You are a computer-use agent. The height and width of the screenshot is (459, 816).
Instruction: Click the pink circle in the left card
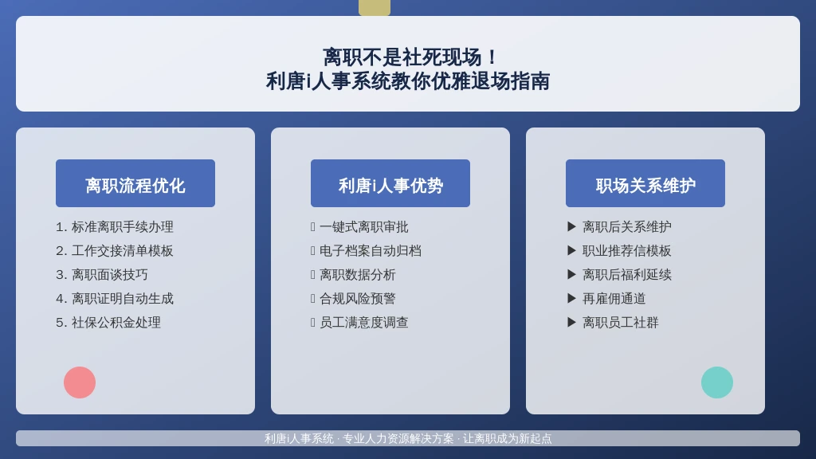click(80, 382)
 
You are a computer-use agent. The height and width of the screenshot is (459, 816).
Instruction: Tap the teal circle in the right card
click(717, 382)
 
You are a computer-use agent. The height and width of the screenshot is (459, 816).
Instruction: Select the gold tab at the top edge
click(375, 8)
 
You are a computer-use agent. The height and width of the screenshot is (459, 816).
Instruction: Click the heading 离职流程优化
click(135, 186)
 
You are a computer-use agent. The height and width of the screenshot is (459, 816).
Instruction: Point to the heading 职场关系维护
click(645, 186)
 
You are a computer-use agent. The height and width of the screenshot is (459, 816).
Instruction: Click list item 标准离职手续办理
click(115, 227)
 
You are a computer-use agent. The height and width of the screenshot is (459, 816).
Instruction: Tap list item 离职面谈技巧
click(102, 275)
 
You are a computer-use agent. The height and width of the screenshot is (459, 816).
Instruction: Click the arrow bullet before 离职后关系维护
click(571, 226)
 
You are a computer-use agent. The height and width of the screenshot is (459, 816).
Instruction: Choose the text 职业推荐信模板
click(626, 251)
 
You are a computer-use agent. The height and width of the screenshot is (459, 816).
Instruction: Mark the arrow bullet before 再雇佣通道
click(571, 298)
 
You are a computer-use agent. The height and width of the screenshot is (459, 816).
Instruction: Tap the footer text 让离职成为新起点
click(507, 439)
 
